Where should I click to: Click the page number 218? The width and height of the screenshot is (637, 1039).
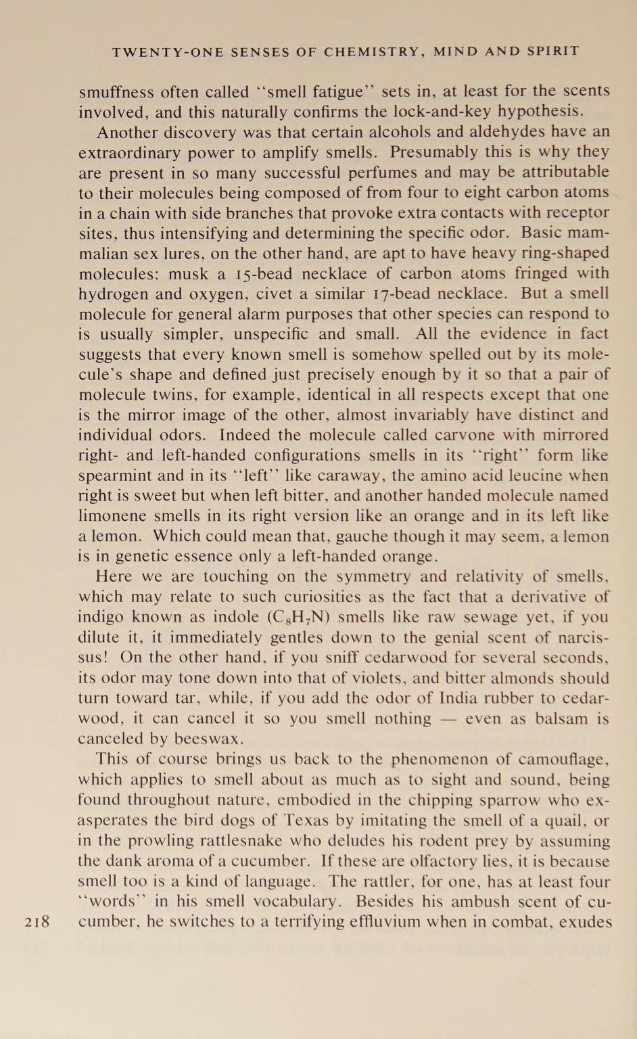click(x=37, y=922)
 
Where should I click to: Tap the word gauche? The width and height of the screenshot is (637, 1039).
click(x=412, y=536)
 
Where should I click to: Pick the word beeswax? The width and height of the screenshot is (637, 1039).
click(x=197, y=739)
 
